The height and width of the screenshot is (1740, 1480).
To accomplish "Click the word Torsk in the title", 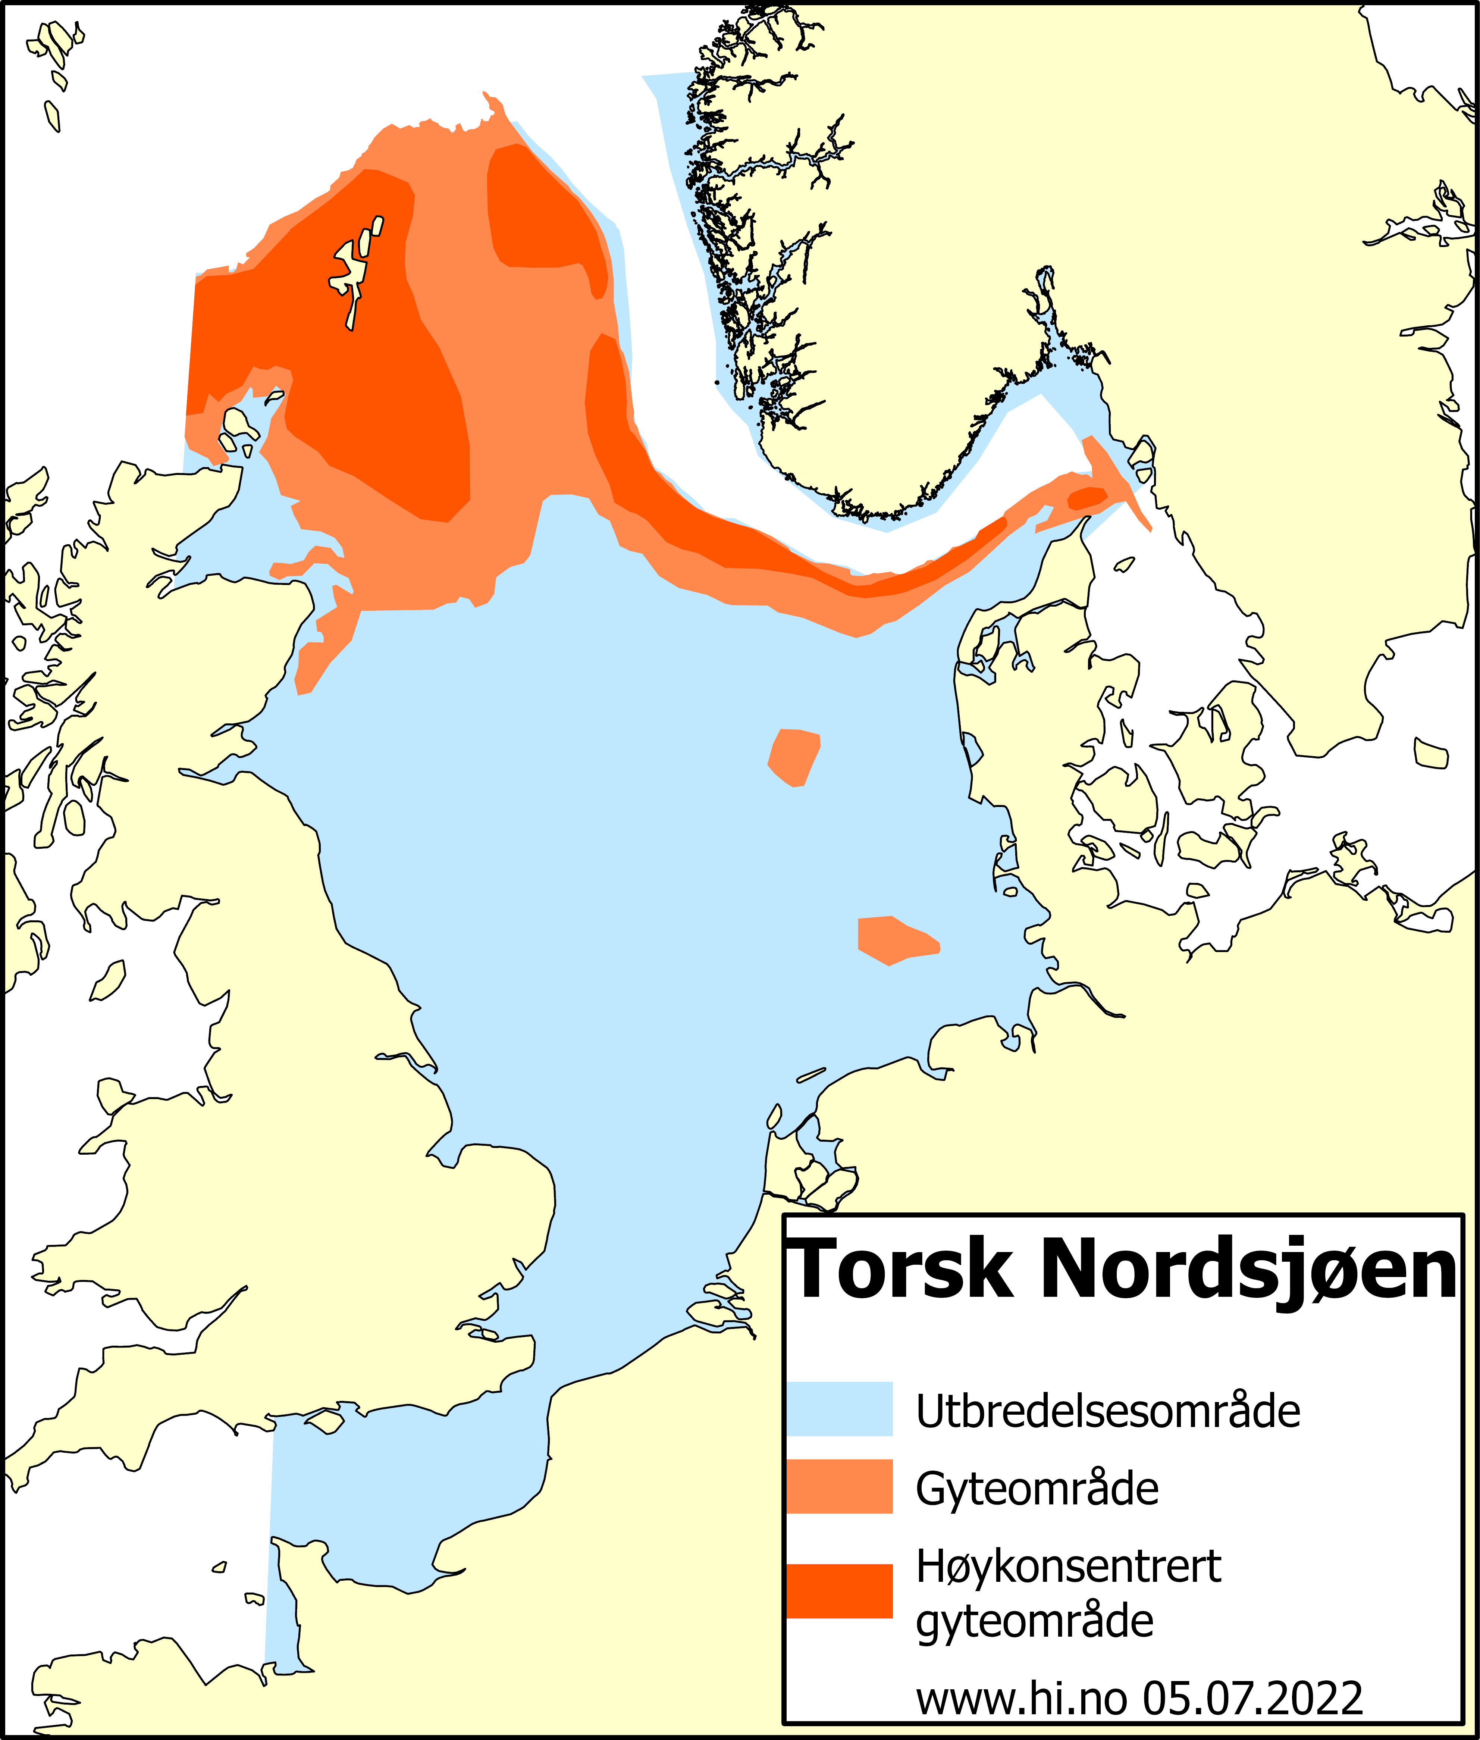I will (x=902, y=1270).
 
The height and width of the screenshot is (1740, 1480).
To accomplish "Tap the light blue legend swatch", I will (x=839, y=1408).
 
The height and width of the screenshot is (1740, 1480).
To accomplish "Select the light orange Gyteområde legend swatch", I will (x=839, y=1487).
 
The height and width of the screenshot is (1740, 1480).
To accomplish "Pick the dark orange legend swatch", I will (x=839, y=1591).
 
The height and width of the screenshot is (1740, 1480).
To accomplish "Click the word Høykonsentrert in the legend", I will (x=1068, y=1566).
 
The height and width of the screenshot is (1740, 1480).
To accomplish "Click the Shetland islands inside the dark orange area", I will (x=352, y=269).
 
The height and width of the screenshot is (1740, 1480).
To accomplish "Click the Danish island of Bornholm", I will (x=1430, y=753).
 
